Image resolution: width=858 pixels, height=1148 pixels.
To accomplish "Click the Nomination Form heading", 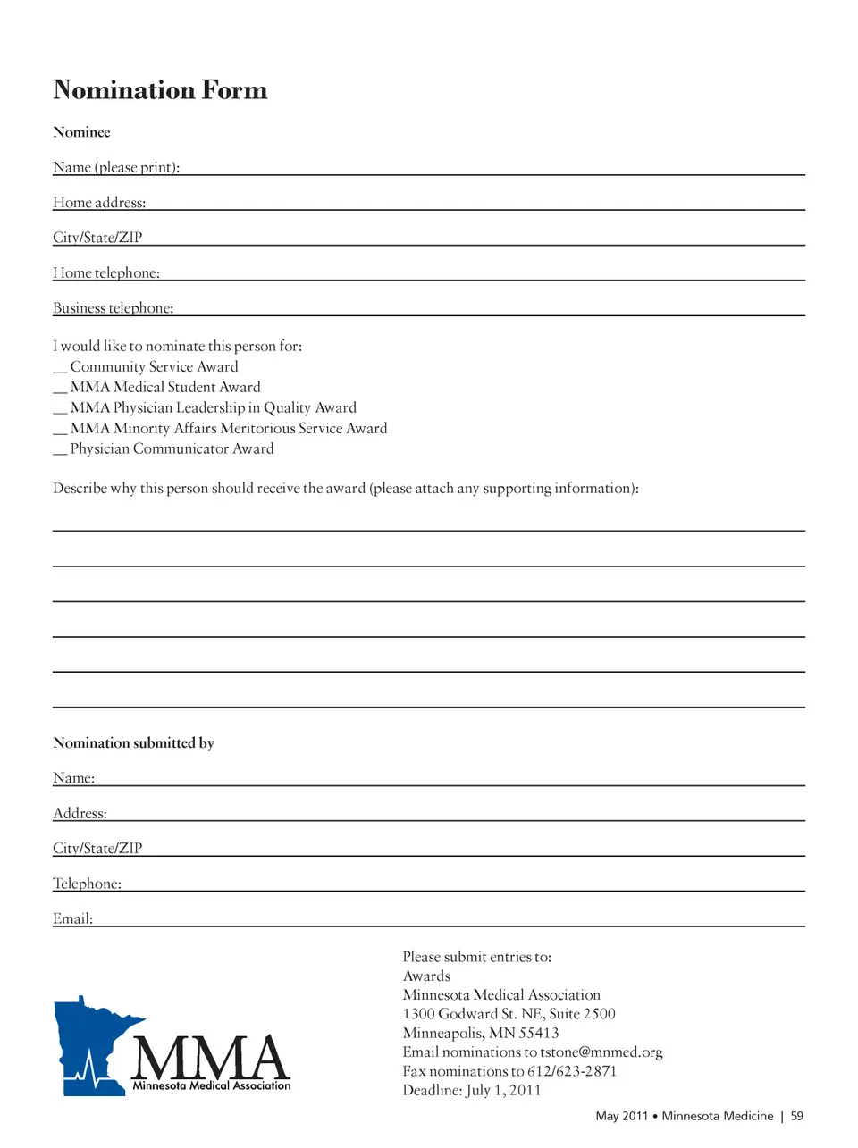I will pyautogui.click(x=160, y=90).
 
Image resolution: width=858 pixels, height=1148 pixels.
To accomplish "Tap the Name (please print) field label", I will pyautogui.click(x=116, y=167).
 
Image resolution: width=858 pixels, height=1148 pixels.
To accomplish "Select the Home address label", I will pyautogui.click(x=99, y=203).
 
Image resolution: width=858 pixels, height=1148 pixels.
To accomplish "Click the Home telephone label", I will pyautogui.click(x=106, y=273).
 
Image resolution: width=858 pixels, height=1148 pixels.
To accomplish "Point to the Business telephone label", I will pyautogui.click(x=114, y=308).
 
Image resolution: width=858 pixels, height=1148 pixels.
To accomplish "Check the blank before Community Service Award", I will pyautogui.click(x=60, y=368).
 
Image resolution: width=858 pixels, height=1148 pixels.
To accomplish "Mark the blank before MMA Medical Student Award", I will pyautogui.click(x=60, y=389).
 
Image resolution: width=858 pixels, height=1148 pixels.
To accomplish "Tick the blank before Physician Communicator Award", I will pyautogui.click(x=60, y=450).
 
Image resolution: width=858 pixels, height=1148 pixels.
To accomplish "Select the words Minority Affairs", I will pyautogui.click(x=165, y=429).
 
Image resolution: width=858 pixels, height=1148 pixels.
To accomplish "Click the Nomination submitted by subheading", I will pyautogui.click(x=133, y=743).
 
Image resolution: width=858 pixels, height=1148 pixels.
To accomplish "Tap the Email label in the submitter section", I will pyautogui.click(x=72, y=918).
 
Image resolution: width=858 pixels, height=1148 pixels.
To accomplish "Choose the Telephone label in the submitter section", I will pyautogui.click(x=87, y=884).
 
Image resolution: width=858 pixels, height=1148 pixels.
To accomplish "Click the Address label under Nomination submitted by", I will pyautogui.click(x=80, y=814).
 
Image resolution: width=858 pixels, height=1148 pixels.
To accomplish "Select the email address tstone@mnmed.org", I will pyautogui.click(x=601, y=1052).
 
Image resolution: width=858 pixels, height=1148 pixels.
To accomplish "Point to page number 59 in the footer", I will pyautogui.click(x=797, y=1116).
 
